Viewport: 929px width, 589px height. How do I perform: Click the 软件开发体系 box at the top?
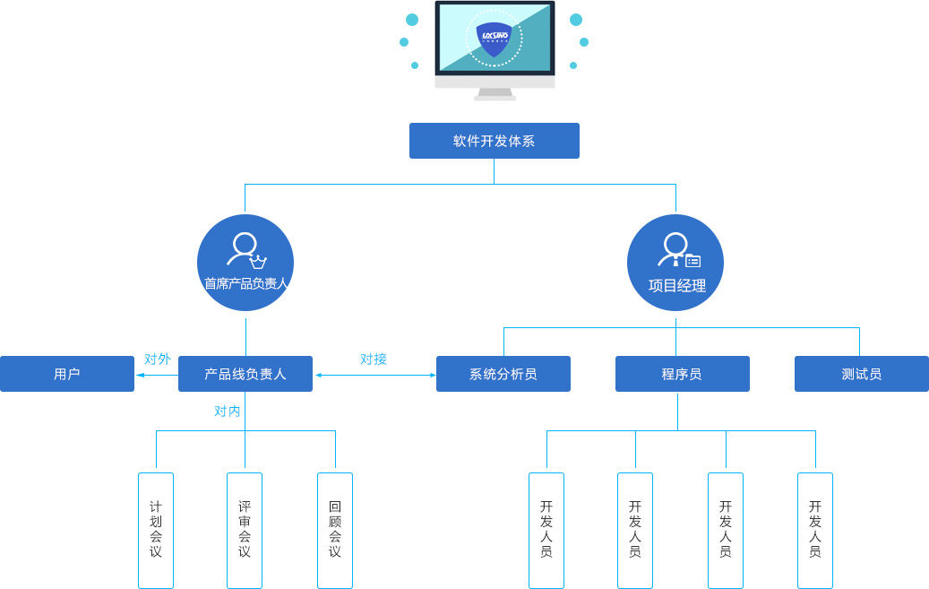[x=494, y=141]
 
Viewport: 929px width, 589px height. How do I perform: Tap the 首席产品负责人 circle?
[x=245, y=263]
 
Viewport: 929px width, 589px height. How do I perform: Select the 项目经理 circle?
[x=675, y=263]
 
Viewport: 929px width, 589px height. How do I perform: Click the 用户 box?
[x=67, y=374]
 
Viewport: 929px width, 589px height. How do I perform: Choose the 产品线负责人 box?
[x=245, y=374]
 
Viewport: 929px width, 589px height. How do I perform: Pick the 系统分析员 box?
[x=503, y=374]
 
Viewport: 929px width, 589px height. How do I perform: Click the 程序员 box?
[x=682, y=374]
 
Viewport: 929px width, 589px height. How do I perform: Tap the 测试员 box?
[x=861, y=374]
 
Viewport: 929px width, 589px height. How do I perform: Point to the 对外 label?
[x=157, y=359]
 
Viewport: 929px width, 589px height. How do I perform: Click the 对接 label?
[x=374, y=359]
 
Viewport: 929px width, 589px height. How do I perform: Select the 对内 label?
[x=227, y=411]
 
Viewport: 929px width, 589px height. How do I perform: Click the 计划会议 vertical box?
[x=156, y=530]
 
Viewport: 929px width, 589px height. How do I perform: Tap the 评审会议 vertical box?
[x=245, y=530]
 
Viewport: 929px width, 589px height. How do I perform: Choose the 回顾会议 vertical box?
[x=335, y=530]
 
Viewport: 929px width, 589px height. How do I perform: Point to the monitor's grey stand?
[x=495, y=92]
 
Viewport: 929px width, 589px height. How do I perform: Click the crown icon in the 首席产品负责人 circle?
[x=259, y=263]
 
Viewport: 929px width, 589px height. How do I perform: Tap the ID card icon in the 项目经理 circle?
[x=692, y=261]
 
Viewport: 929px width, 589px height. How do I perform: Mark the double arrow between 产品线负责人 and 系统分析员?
[x=374, y=375]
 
